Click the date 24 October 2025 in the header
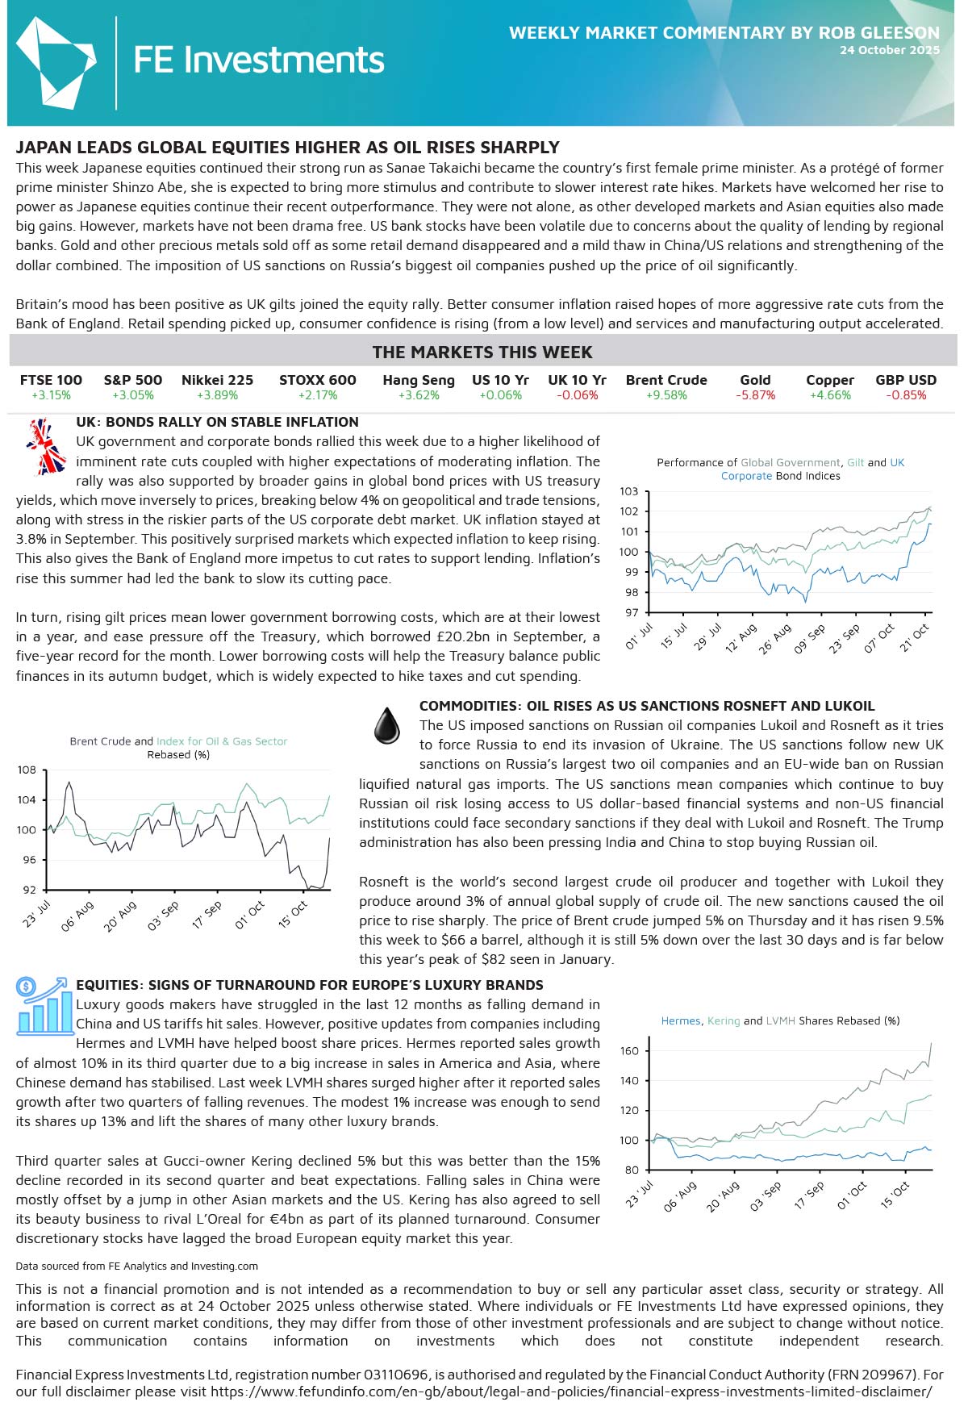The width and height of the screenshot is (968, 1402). pos(889,50)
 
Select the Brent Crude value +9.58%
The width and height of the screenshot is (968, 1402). pos(666,395)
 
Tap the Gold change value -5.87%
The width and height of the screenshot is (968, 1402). pos(755,395)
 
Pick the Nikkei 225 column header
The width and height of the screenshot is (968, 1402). pos(217,380)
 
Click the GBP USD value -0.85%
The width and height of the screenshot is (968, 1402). pos(906,395)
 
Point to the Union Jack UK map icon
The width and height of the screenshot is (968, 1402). pos(45,446)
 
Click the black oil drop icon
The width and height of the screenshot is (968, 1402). pos(387,725)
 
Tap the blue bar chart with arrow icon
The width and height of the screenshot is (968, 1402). pos(44,1006)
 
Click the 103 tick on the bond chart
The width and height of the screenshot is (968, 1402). pos(629,491)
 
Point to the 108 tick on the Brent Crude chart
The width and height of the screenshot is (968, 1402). pos(27,770)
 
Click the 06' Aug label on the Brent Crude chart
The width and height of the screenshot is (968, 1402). pos(77,916)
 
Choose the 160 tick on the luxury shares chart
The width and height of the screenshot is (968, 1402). pos(629,1051)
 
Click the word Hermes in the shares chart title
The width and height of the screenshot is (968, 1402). pos(681,1020)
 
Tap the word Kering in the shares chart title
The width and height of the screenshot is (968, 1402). pos(724,1020)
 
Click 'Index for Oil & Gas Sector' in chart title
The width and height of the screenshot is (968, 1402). pos(222,741)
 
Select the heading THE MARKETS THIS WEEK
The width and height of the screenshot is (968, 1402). pos(482,353)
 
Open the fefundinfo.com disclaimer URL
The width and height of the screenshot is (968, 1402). pos(571,1392)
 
